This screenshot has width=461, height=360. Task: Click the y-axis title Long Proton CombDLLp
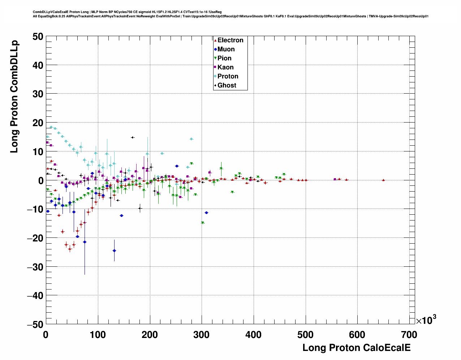point(14,97)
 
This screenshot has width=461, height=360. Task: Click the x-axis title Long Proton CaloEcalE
point(356,348)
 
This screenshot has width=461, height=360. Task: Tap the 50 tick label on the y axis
point(37,37)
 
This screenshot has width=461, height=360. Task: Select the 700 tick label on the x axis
point(410,335)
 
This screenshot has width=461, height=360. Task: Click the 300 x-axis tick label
point(202,335)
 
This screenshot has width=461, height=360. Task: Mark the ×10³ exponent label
point(426,320)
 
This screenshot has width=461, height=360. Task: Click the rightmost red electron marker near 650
point(383,180)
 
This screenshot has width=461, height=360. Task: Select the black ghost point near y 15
point(133,137)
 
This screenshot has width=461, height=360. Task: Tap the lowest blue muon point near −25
point(114,250)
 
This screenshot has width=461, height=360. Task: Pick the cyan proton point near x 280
point(191,139)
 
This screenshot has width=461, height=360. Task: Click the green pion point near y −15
point(203,223)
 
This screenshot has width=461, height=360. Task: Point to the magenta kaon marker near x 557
point(335,179)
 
